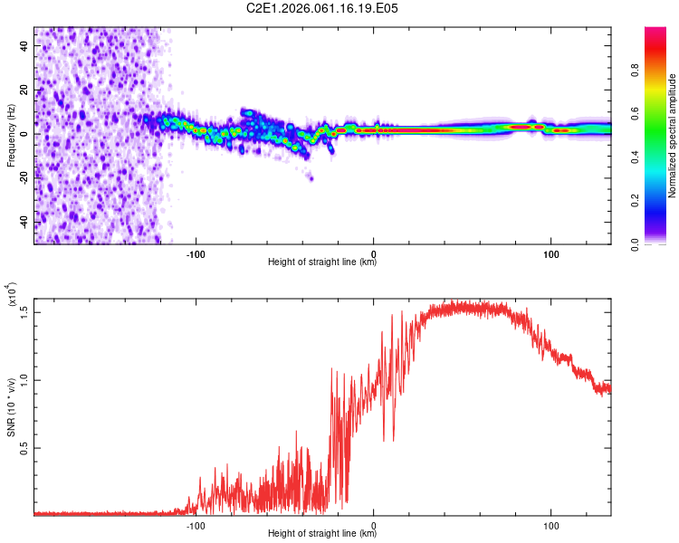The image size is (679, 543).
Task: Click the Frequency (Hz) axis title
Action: click(x=11, y=136)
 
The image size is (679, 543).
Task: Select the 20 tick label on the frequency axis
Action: click(x=25, y=90)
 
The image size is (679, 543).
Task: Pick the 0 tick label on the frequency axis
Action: click(x=28, y=134)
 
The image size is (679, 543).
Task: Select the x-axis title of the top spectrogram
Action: click(x=322, y=262)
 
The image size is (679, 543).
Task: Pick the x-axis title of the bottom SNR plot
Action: click(x=322, y=534)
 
